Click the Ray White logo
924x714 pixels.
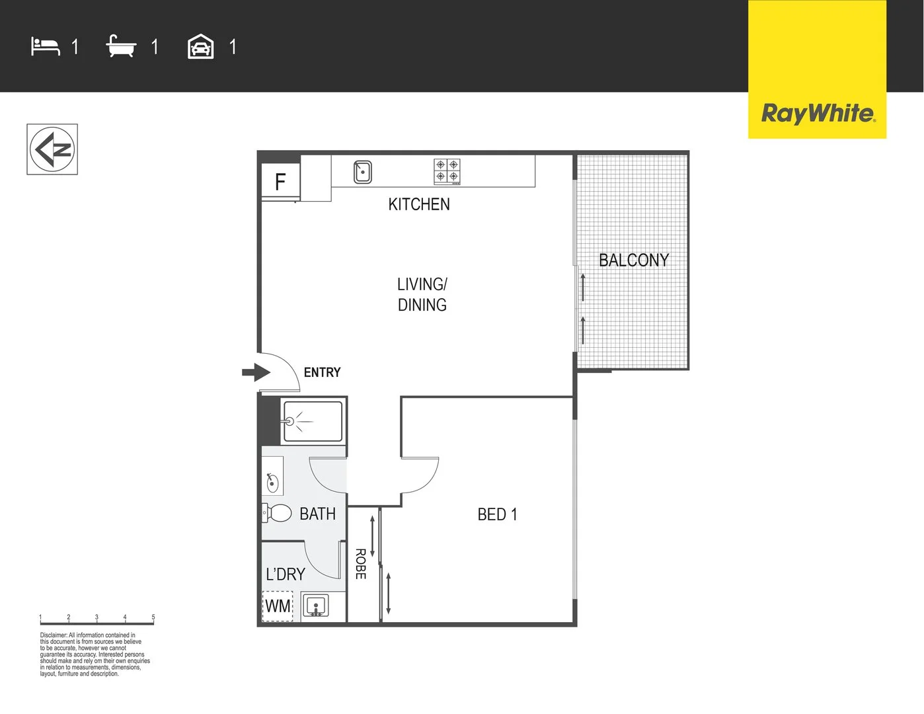818,113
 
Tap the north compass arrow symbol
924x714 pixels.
52,149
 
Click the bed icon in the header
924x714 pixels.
45,47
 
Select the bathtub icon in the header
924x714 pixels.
121,47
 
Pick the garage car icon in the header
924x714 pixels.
200,47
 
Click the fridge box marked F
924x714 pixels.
280,182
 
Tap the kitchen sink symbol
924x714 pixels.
362,172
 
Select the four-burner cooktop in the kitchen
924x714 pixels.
447,171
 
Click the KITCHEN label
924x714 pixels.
419,204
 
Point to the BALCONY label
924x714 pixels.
634,260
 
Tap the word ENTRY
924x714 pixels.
322,373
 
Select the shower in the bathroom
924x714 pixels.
313,421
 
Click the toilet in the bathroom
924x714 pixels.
277,512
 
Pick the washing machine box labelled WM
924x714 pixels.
278,606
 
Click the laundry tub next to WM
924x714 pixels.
316,606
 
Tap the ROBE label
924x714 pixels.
361,564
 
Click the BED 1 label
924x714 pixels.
497,514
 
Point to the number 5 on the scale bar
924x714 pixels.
153,617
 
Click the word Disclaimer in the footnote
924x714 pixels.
53,635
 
